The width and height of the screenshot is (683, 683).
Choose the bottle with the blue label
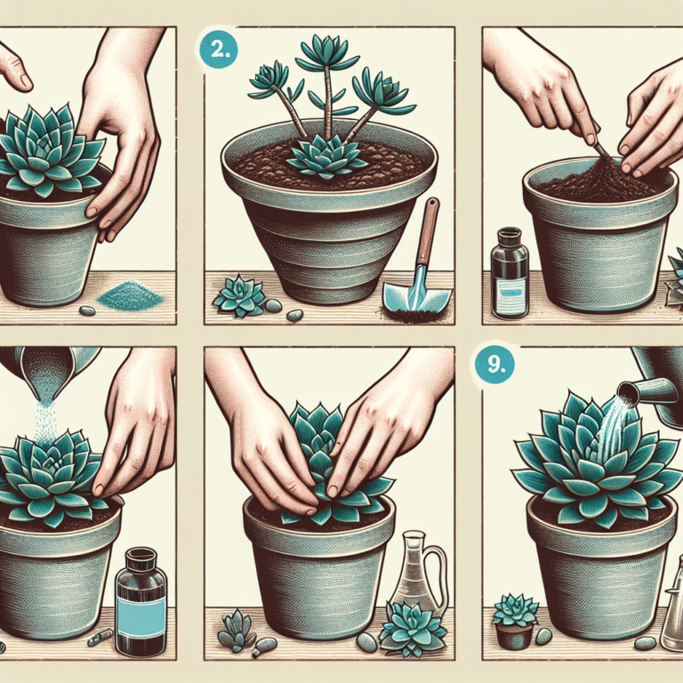tap(141, 601)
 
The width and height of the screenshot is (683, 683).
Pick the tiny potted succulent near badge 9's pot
tap(515, 620)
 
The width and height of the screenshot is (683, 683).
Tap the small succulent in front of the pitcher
tap(412, 628)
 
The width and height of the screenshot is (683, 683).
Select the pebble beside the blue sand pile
tap(87, 310)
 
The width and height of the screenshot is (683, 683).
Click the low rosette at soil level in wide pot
tap(329, 157)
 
